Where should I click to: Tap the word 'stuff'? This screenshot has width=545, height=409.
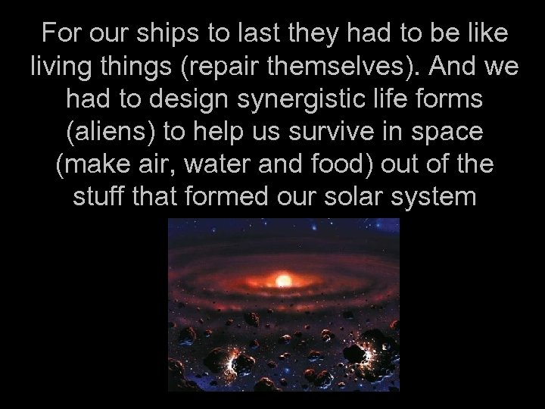[96, 197]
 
